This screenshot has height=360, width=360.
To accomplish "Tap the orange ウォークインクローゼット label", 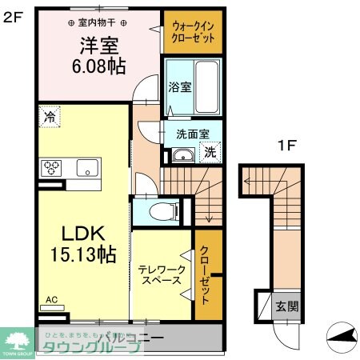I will [x=192, y=33].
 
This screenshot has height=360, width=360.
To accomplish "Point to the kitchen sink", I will [x=86, y=168].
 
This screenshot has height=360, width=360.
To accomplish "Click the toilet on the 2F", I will [x=163, y=212].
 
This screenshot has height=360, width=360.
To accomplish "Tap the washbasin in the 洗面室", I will [x=183, y=155].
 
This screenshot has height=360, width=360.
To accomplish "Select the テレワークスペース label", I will [x=162, y=277].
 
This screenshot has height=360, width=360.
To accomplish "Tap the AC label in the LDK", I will [x=51, y=300].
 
